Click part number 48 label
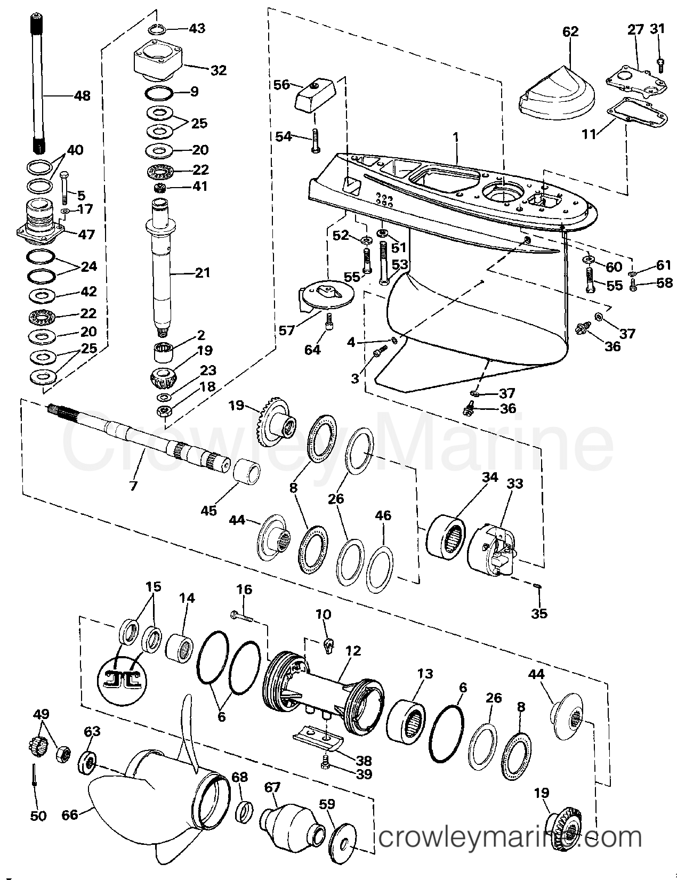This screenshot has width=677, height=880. point(82,96)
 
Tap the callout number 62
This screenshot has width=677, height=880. point(570,31)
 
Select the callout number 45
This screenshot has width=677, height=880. point(208,510)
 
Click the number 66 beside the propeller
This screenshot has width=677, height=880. point(70,815)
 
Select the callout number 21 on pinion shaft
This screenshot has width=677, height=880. point(202,273)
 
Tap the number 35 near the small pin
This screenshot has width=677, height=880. point(539,613)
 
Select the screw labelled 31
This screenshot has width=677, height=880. point(660,64)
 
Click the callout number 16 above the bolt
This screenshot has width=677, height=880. point(245,590)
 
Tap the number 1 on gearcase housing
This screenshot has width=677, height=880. point(456,137)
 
